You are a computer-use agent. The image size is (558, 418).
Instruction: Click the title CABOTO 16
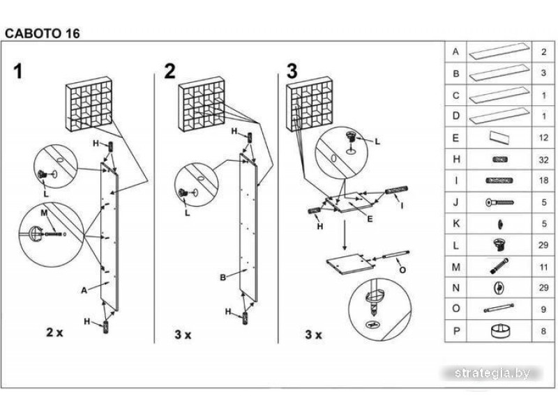43,32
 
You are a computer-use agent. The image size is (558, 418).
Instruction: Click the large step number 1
19,72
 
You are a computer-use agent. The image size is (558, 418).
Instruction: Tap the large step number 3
292,72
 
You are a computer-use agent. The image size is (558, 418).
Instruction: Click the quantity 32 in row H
543,160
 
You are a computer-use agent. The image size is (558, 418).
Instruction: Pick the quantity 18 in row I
543,181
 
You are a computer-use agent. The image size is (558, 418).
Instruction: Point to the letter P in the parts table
456,332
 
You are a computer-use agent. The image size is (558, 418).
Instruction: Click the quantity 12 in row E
543,138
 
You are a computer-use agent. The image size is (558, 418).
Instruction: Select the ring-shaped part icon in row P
499,332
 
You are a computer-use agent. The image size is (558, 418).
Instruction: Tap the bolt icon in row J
499,203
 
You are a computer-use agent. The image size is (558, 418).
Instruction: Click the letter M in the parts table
456,267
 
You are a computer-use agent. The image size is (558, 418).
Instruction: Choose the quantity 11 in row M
543,267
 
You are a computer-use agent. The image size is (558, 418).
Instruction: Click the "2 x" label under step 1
54,332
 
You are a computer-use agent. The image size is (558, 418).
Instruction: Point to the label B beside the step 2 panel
223,278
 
